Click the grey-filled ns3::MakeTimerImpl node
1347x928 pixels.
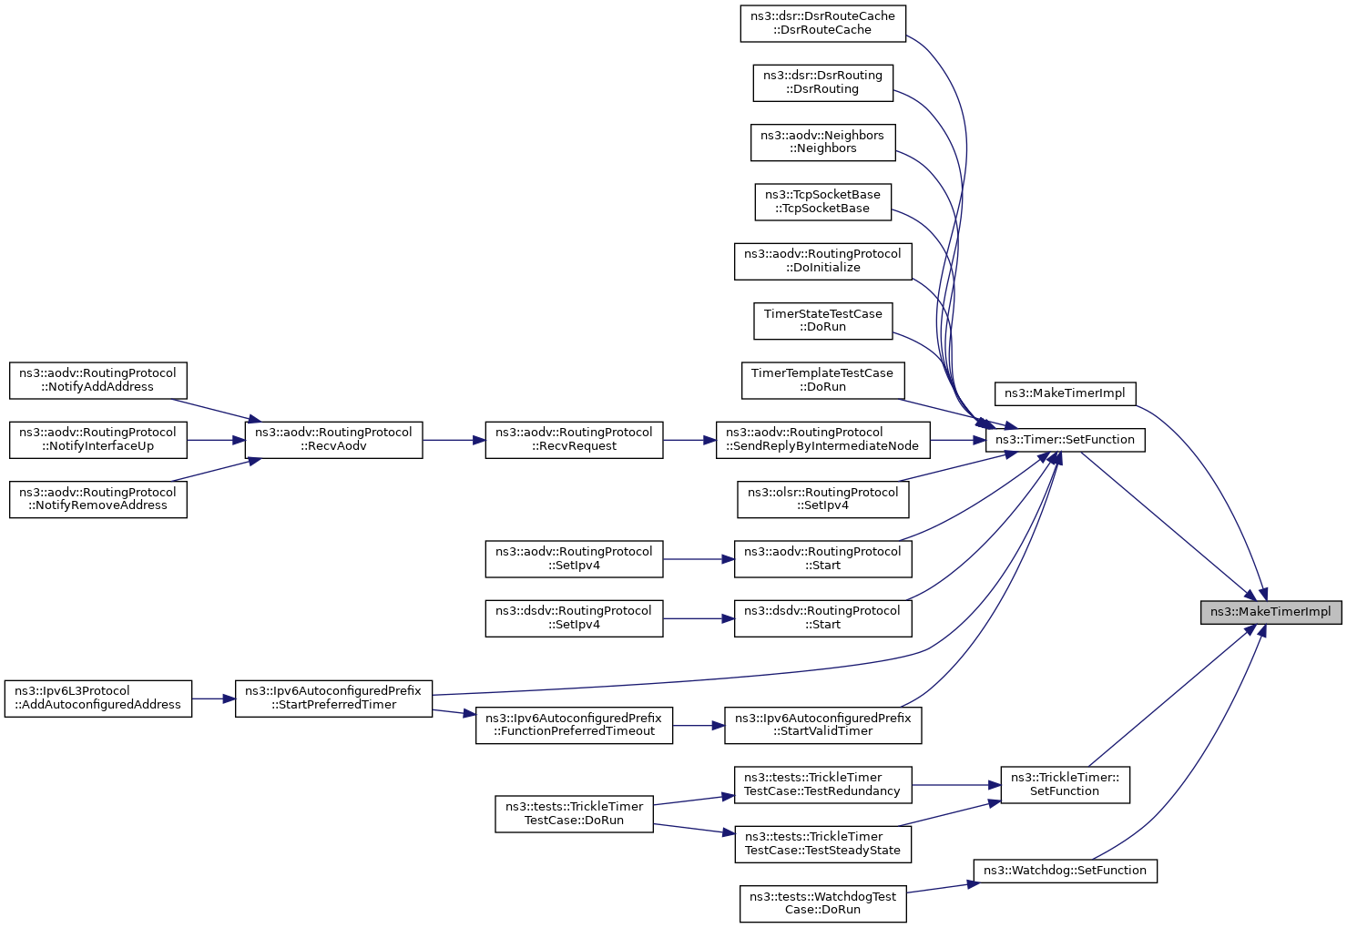1270,612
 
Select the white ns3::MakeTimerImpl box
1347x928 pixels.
1065,394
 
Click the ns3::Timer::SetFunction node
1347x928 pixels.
1065,440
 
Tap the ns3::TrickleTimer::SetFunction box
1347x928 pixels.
1065,785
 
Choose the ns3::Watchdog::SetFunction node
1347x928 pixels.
1065,871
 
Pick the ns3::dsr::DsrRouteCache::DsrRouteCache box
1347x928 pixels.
822,24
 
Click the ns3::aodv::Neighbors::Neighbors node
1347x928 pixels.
822,143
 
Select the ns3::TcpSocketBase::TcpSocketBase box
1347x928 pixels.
822,202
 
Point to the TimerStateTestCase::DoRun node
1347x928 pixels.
822,321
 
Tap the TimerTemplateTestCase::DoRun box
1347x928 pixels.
822,380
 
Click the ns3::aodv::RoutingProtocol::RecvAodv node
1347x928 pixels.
333,440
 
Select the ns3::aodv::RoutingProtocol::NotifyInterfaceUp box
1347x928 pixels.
98,440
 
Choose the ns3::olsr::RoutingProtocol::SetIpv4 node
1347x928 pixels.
822,499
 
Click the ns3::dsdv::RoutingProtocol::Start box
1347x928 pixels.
822,618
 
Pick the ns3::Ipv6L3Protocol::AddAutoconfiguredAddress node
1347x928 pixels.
98,699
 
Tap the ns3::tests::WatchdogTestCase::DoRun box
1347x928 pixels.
822,903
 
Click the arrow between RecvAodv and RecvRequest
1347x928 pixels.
454,440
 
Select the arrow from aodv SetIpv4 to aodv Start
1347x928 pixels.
699,559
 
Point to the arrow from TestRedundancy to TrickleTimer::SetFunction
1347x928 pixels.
956,785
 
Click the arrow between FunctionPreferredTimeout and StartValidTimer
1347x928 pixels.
699,726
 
